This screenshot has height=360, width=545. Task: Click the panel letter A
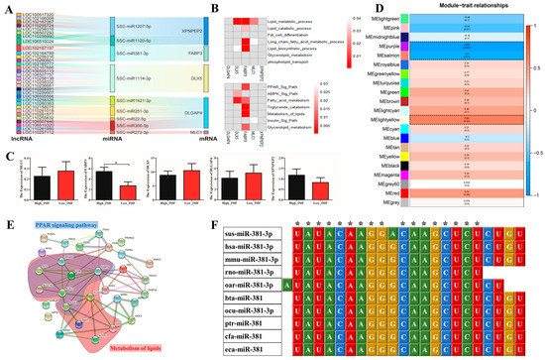5,7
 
